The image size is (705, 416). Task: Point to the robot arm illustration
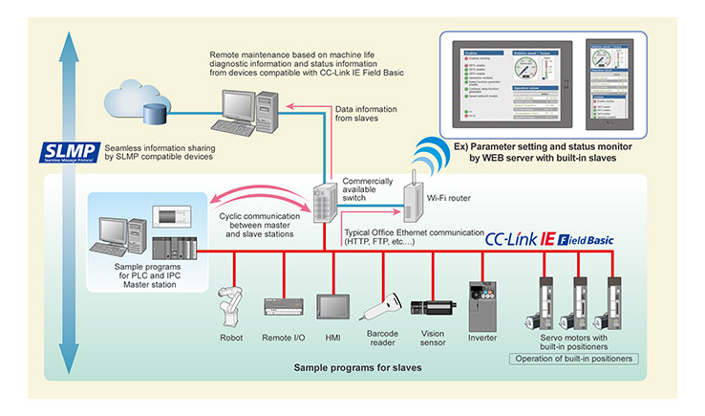point(230,296)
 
